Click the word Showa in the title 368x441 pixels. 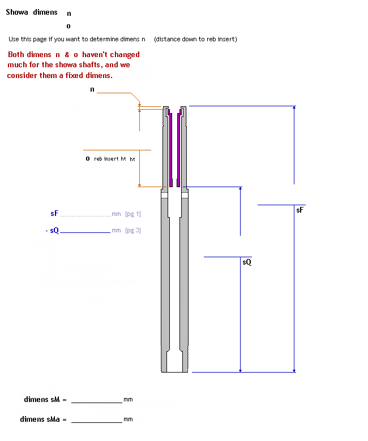tap(18, 12)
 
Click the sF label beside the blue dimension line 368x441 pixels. tap(299, 210)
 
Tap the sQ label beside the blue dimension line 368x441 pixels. tap(246, 262)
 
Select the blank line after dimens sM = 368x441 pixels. tap(96, 400)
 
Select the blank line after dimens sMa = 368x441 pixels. tap(96, 420)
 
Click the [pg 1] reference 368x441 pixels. tap(133, 214)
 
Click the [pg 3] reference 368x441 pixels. tap(133, 231)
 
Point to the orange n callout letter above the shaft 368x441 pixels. tap(92, 89)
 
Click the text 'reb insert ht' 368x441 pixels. tap(110, 159)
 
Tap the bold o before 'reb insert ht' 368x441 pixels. tap(88, 159)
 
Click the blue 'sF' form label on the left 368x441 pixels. tap(54, 214)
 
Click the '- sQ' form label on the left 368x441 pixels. tap(52, 231)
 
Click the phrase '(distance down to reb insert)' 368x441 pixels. tap(195, 39)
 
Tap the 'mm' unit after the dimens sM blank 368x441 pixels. tap(128, 400)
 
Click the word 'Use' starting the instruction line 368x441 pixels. tap(14, 39)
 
